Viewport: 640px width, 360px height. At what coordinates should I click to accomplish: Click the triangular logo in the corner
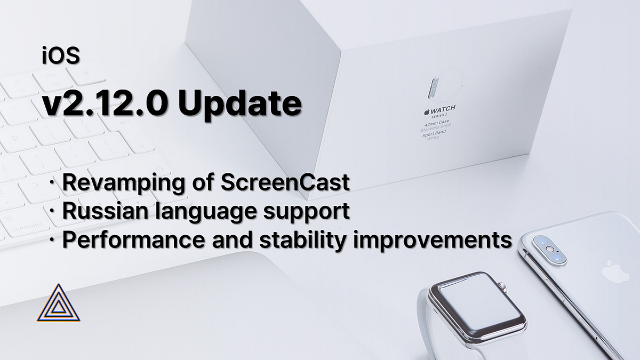click(59, 304)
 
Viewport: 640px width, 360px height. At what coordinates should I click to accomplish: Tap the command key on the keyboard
click(27, 228)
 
